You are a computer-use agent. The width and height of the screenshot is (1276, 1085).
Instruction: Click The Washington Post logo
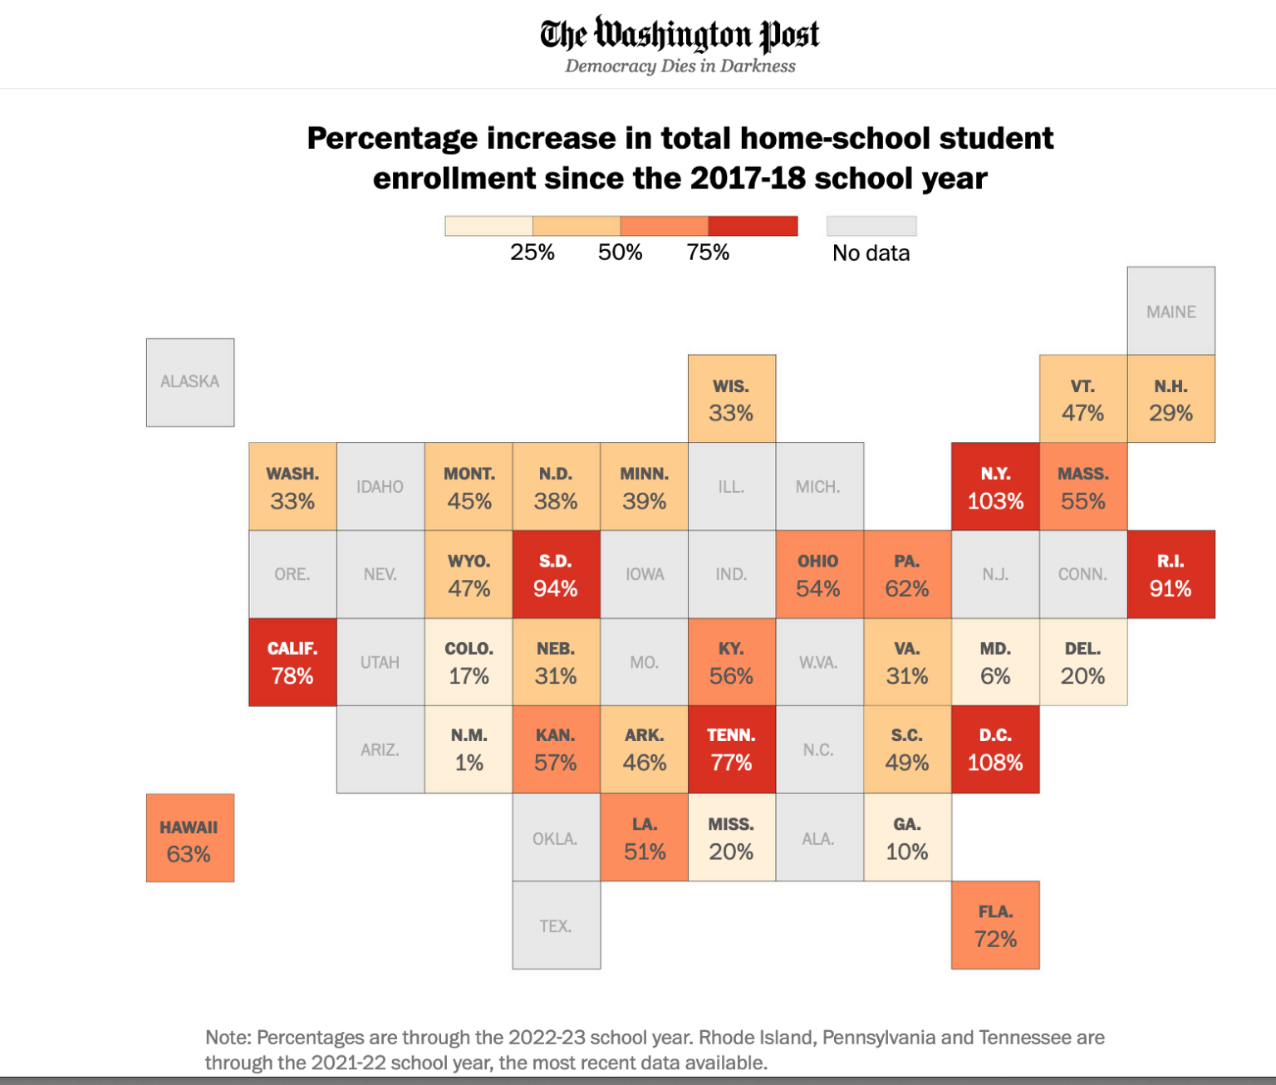tap(680, 35)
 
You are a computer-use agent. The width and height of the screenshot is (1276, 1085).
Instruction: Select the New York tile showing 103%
tap(995, 487)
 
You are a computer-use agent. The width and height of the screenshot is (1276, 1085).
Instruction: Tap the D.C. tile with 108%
tap(995, 749)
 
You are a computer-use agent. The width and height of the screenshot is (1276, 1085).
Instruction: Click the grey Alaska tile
tap(190, 382)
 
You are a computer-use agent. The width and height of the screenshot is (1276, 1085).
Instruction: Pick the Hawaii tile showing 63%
tap(190, 838)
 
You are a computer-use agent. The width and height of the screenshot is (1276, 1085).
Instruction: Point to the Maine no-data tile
tap(1170, 312)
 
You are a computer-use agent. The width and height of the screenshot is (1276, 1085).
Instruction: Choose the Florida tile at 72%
tap(995, 925)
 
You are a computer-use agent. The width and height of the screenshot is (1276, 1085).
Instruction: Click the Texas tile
tap(556, 925)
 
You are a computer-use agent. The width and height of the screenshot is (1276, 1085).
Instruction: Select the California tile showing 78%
tap(292, 662)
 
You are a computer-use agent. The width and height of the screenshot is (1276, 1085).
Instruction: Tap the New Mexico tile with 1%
tap(469, 749)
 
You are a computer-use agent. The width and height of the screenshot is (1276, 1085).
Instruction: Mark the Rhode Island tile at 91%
tap(1170, 574)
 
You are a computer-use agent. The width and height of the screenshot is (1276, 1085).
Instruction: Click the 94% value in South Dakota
tap(555, 589)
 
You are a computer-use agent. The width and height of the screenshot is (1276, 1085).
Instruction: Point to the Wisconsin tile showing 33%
tap(731, 399)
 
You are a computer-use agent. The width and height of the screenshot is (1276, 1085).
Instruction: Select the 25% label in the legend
tap(532, 253)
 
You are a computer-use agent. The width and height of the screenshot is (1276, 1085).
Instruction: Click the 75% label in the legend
tap(708, 253)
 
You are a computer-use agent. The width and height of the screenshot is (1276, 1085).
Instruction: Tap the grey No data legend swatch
tap(871, 226)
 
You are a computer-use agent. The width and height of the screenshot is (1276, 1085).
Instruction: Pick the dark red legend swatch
tap(753, 226)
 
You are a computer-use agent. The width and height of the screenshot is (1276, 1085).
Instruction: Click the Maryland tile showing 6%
tap(995, 662)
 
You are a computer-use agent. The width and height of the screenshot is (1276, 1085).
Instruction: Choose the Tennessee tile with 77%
tap(731, 749)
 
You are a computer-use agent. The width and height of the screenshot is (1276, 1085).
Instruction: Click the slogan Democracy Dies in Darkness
tap(680, 66)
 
